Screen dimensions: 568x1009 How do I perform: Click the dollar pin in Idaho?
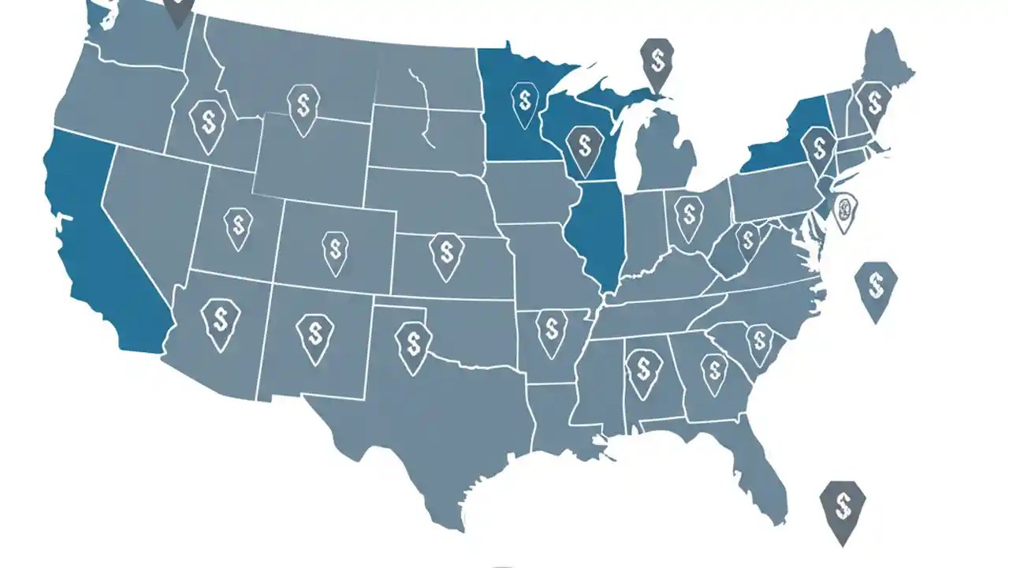click(208, 124)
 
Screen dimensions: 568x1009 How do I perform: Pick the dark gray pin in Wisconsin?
click(584, 148)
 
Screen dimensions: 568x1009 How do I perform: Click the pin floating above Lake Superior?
click(658, 62)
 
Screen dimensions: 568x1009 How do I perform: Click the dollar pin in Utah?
click(237, 226)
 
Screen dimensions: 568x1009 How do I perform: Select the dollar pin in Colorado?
click(336, 251)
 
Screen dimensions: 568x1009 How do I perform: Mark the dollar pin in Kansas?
click(446, 254)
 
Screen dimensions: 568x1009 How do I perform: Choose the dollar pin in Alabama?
click(644, 370)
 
